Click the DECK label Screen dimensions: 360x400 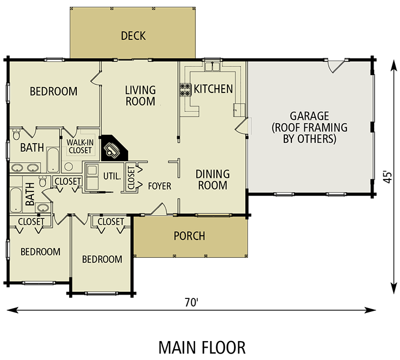133,36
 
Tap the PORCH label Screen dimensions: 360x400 189,236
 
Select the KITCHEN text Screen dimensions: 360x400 214,89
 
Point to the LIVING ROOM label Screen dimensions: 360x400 140,96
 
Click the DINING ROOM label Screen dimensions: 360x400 212,179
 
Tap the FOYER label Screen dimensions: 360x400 159,186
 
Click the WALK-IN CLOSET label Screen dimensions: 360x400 79,146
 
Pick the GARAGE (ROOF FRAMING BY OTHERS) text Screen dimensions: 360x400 309,128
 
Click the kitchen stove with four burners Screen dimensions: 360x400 185,89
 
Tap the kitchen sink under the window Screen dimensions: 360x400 211,67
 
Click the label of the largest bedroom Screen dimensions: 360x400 54,91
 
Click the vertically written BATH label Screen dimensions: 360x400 30,193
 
